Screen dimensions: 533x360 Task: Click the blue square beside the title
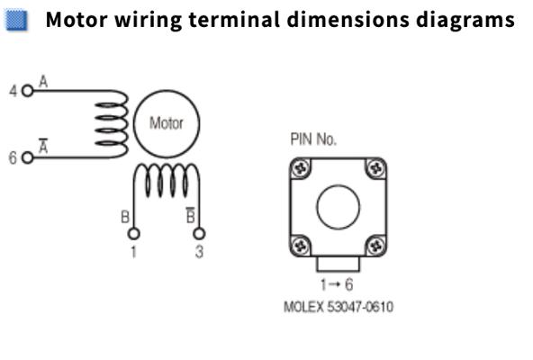[15, 20]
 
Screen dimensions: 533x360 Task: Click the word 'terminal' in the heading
[234, 20]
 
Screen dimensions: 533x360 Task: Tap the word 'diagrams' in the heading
[465, 21]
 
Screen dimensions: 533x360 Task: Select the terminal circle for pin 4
[27, 91]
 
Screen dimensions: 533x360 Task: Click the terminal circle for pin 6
[27, 157]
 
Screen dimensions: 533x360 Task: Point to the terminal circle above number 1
[133, 234]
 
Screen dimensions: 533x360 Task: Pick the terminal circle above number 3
[199, 234]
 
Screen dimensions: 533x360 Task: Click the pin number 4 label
[13, 91]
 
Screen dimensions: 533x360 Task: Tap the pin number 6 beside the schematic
[13, 157]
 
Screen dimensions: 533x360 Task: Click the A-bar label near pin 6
[43, 146]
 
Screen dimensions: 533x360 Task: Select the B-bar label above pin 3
[191, 215]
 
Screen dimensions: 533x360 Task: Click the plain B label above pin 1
[125, 217]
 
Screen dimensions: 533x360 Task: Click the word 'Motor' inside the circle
[167, 123]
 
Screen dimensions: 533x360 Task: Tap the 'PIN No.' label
[313, 139]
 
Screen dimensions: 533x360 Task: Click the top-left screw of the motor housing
[301, 168]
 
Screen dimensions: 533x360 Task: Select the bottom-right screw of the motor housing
[376, 246]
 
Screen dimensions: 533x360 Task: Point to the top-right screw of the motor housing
[376, 168]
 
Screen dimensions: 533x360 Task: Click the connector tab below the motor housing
[338, 264]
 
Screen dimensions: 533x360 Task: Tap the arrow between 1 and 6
[335, 284]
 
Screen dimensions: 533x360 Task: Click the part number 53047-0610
[360, 307]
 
